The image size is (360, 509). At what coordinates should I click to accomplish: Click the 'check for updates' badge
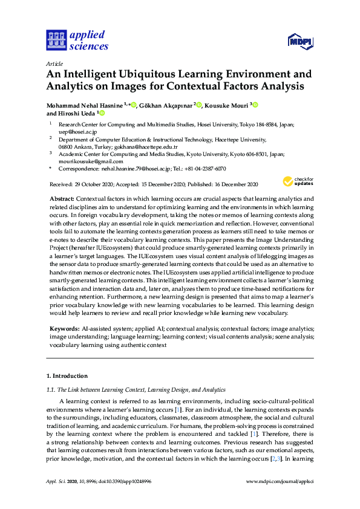298,181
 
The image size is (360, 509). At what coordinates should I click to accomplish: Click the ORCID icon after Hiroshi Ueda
102,113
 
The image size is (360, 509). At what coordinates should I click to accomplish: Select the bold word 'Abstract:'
62,199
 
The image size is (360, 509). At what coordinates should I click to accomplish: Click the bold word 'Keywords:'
65,328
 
